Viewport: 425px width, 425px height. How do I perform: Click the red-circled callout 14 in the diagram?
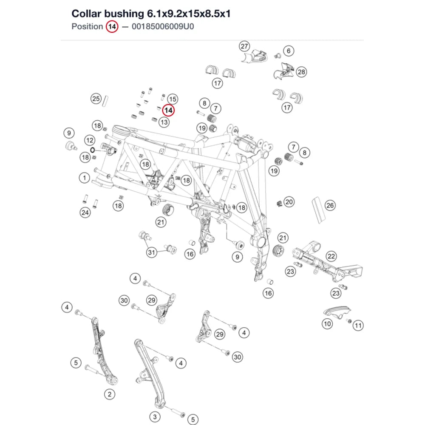tap(168, 110)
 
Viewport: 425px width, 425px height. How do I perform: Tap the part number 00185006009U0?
tap(163, 26)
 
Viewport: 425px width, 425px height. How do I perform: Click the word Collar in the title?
tap(86, 14)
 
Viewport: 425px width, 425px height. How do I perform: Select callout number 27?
tap(244, 46)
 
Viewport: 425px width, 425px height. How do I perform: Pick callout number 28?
tap(301, 72)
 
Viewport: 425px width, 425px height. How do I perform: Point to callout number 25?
tap(96, 99)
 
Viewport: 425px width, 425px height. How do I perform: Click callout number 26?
tap(330, 205)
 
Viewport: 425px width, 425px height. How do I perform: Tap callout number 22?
tap(331, 256)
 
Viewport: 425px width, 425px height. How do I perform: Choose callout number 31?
tap(152, 252)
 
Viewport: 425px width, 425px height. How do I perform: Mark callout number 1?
tap(85, 178)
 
